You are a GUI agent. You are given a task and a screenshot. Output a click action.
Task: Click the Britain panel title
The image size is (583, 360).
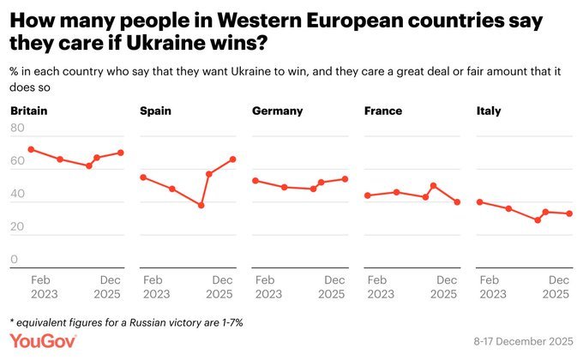(x=28, y=111)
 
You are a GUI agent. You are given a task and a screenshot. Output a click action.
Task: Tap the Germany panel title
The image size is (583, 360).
(x=278, y=111)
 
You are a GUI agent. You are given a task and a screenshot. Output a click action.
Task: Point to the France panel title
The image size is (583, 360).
(x=382, y=111)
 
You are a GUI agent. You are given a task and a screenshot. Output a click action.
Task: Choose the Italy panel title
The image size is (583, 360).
(x=489, y=111)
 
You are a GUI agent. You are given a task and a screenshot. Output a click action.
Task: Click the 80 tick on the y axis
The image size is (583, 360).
(x=16, y=129)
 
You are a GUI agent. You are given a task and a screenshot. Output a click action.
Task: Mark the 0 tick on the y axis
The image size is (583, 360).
(x=14, y=259)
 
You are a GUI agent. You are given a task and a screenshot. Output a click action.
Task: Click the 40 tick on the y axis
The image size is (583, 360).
(x=16, y=194)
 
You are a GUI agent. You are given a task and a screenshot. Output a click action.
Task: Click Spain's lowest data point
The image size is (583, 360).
(x=201, y=206)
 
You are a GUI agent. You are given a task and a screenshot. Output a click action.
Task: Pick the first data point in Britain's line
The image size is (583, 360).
(x=31, y=149)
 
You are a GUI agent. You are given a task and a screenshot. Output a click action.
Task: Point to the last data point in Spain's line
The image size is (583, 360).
(x=233, y=159)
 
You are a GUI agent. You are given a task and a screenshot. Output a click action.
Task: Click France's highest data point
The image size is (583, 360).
(x=434, y=185)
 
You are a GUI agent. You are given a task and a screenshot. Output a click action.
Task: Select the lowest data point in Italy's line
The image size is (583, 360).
(x=538, y=220)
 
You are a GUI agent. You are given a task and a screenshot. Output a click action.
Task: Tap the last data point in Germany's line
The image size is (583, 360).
(x=346, y=178)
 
